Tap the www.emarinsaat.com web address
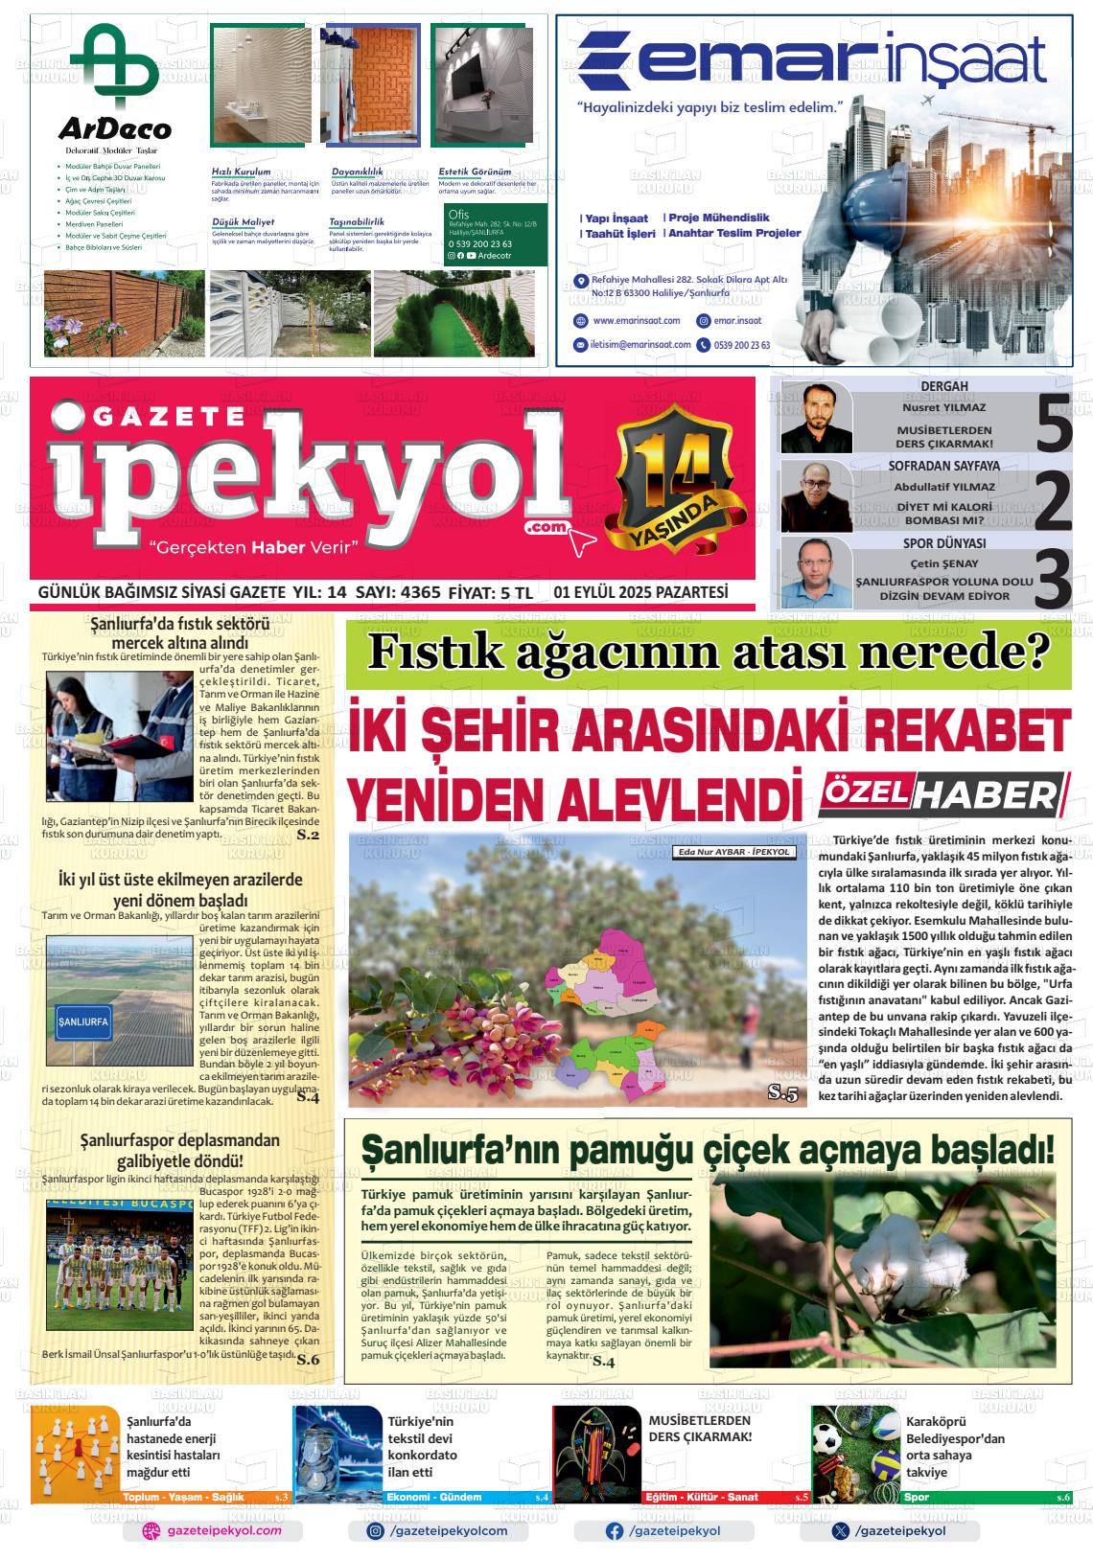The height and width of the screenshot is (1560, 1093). coord(636,321)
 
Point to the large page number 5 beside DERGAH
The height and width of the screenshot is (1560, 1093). coord(1054,418)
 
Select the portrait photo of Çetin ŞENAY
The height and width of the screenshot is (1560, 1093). coord(816,572)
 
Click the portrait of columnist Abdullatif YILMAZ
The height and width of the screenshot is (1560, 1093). coord(816,496)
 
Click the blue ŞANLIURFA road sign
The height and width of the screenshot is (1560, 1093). coord(84,1021)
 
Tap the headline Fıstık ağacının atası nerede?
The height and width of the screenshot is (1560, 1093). coord(709,654)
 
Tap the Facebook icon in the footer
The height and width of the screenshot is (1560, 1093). coord(615,1531)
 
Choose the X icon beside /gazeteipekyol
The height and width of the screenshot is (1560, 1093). coord(841,1531)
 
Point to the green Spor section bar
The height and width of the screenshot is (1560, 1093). coord(986,1497)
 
